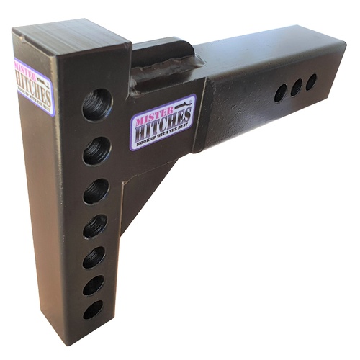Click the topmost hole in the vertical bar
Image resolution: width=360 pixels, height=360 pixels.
97,104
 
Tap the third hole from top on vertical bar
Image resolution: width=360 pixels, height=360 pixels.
96,191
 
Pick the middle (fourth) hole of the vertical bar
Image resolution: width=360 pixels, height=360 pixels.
95,226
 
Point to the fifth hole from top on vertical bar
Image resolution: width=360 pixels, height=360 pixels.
94,257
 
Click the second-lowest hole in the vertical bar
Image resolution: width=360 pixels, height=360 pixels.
94,285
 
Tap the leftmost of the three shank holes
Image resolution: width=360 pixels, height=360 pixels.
281,93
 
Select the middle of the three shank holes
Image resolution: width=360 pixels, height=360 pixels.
297,87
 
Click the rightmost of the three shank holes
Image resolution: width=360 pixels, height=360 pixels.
311,82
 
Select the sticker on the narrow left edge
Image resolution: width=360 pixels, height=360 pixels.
34,86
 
